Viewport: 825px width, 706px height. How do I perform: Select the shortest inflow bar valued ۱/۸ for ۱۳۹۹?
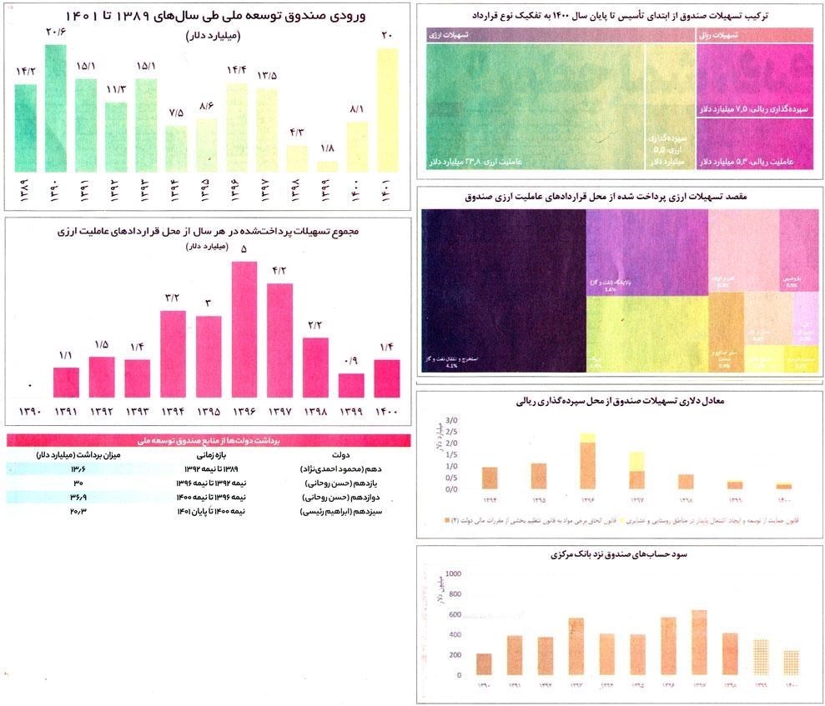[328, 166]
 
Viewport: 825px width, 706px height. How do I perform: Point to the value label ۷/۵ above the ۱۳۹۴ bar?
[176, 113]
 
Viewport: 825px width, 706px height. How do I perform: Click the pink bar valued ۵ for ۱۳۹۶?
[244, 329]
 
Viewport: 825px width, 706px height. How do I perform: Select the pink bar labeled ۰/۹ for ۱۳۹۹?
[351, 385]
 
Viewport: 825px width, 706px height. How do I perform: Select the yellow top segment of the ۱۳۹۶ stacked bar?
[588, 438]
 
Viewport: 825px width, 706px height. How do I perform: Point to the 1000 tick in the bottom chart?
[454, 574]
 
